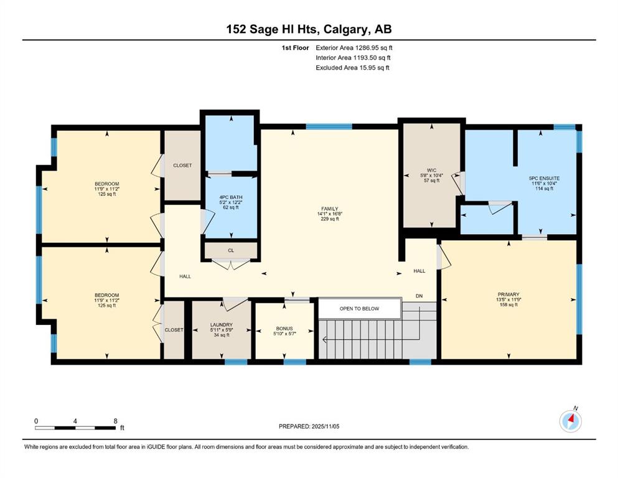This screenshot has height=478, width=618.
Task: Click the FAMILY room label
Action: tap(329, 209)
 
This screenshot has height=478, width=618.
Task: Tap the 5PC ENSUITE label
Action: tap(544, 178)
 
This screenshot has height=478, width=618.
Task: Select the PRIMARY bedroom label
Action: tap(508, 294)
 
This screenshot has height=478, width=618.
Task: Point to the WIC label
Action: tap(431, 171)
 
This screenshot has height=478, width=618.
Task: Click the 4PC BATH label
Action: tap(231, 197)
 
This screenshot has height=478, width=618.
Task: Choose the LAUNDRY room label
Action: tap(222, 325)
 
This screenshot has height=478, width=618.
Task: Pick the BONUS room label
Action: tap(284, 328)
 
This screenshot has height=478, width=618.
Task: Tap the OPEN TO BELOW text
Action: tap(359, 309)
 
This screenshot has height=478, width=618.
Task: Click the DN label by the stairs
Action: tap(419, 296)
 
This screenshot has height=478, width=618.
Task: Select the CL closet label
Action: tap(231, 250)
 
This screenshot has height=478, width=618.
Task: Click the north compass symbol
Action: tap(571, 421)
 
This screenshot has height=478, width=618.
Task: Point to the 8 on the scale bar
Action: tap(116, 421)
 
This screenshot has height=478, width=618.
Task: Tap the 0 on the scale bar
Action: tap(36, 421)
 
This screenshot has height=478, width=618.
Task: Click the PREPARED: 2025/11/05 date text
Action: tap(309, 426)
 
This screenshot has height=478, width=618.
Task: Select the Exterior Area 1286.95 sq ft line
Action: tap(354, 48)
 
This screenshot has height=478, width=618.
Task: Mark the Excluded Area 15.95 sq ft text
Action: tap(352, 67)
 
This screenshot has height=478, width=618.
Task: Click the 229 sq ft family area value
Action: tap(329, 218)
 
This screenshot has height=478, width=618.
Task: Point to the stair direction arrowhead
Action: tap(325, 339)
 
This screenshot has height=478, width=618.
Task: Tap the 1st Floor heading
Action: tap(295, 48)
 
